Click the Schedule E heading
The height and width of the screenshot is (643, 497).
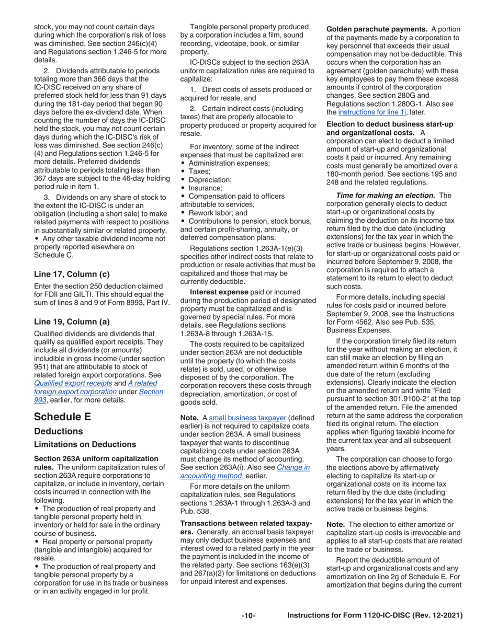tap(62, 416)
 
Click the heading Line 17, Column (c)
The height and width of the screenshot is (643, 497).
tap(72, 273)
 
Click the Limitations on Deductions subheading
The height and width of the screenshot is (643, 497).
tap(85, 444)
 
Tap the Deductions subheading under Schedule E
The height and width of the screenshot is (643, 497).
tap(58, 431)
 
